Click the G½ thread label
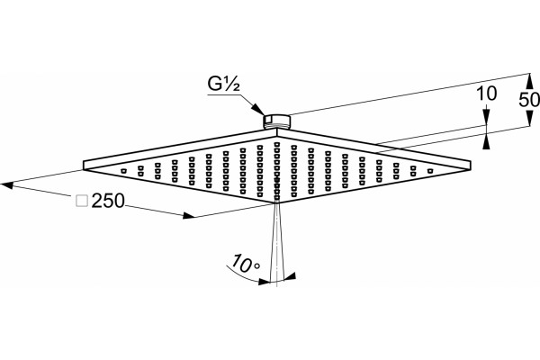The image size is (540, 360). tap(224, 84)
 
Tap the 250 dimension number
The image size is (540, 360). tap(108, 201)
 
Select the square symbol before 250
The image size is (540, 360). tap(82, 201)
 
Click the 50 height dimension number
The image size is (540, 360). tap(529, 100)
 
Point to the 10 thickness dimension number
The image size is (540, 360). tap(486, 94)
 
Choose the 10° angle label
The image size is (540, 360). tap(246, 264)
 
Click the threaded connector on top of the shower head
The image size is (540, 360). tap(277, 121)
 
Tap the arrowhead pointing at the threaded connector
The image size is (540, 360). tap(258, 109)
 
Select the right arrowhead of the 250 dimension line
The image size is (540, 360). tap(189, 216)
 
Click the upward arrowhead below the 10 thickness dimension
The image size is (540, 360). tap(486, 142)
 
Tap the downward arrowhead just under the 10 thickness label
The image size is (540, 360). tap(486, 117)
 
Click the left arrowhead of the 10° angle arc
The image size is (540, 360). tap(264, 282)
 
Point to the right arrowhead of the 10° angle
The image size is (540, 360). tap(289, 276)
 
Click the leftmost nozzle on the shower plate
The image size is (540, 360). tap(123, 171)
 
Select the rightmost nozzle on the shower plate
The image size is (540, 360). tap(430, 171)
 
